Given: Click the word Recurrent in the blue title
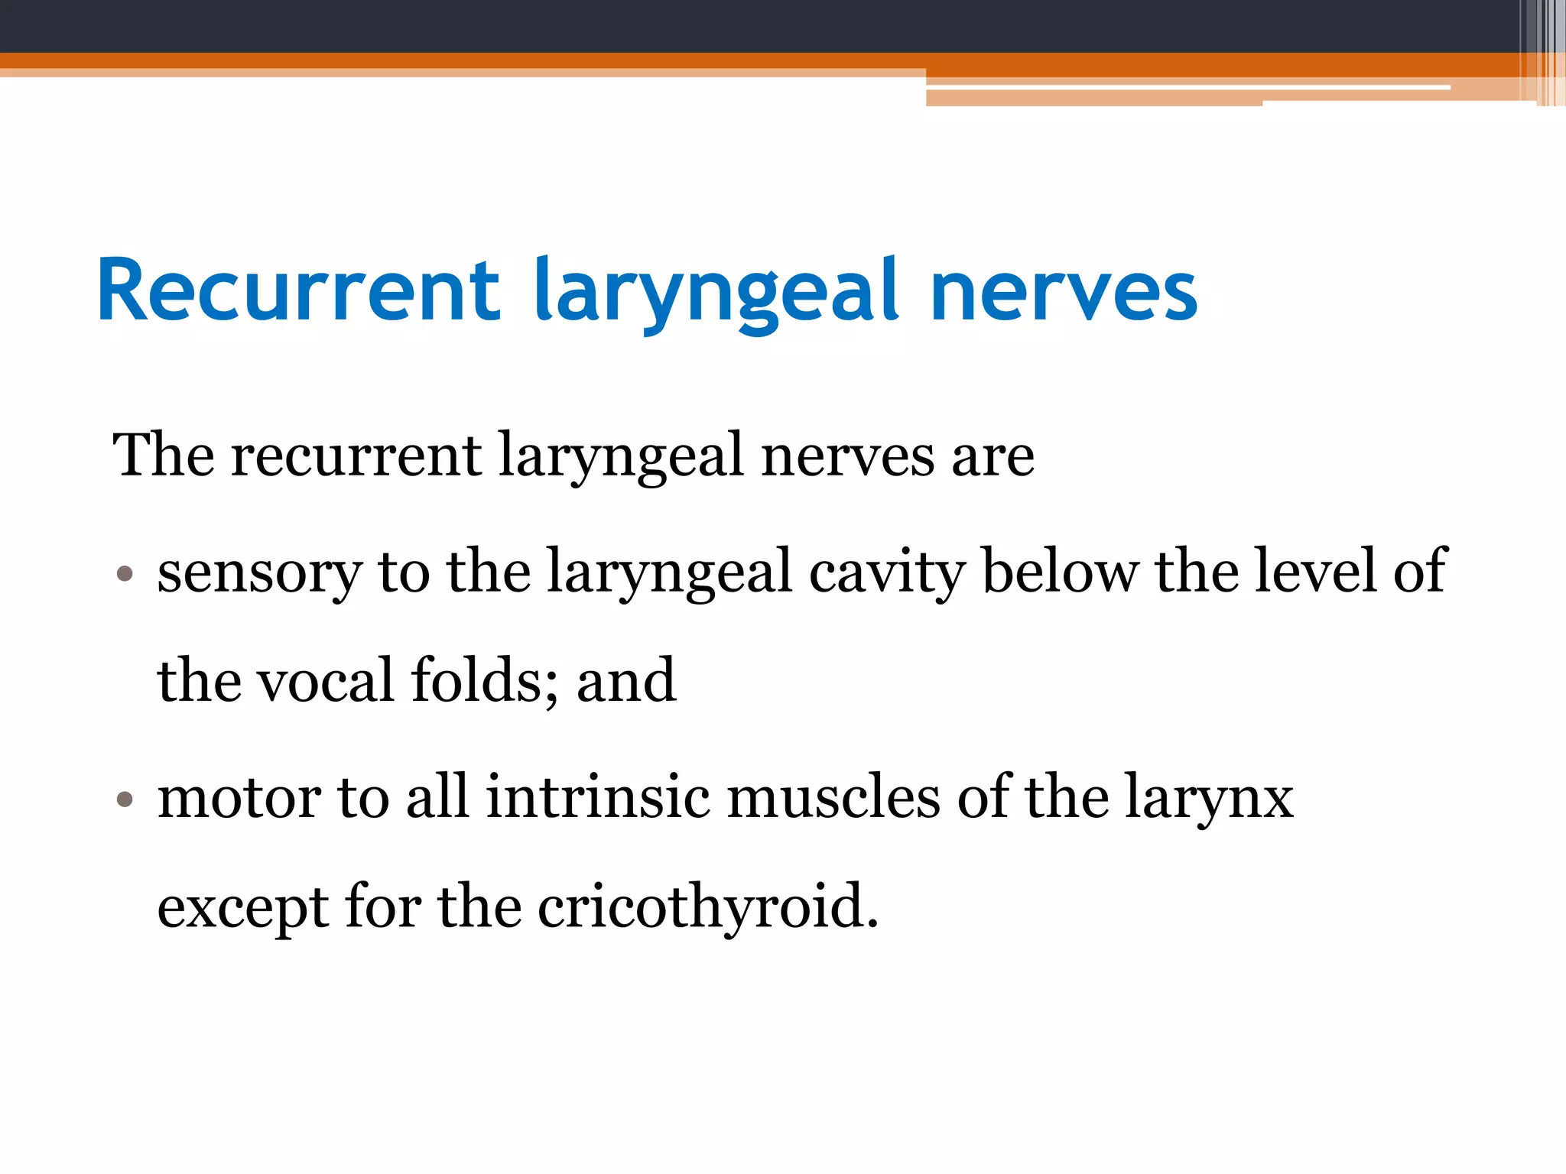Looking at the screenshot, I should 298,290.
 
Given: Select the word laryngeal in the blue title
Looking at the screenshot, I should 715,294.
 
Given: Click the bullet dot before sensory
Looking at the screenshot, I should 125,573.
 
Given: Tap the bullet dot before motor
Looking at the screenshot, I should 125,799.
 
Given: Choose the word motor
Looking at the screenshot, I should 238,798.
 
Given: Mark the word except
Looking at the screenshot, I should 242,908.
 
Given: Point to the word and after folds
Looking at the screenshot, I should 626,680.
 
